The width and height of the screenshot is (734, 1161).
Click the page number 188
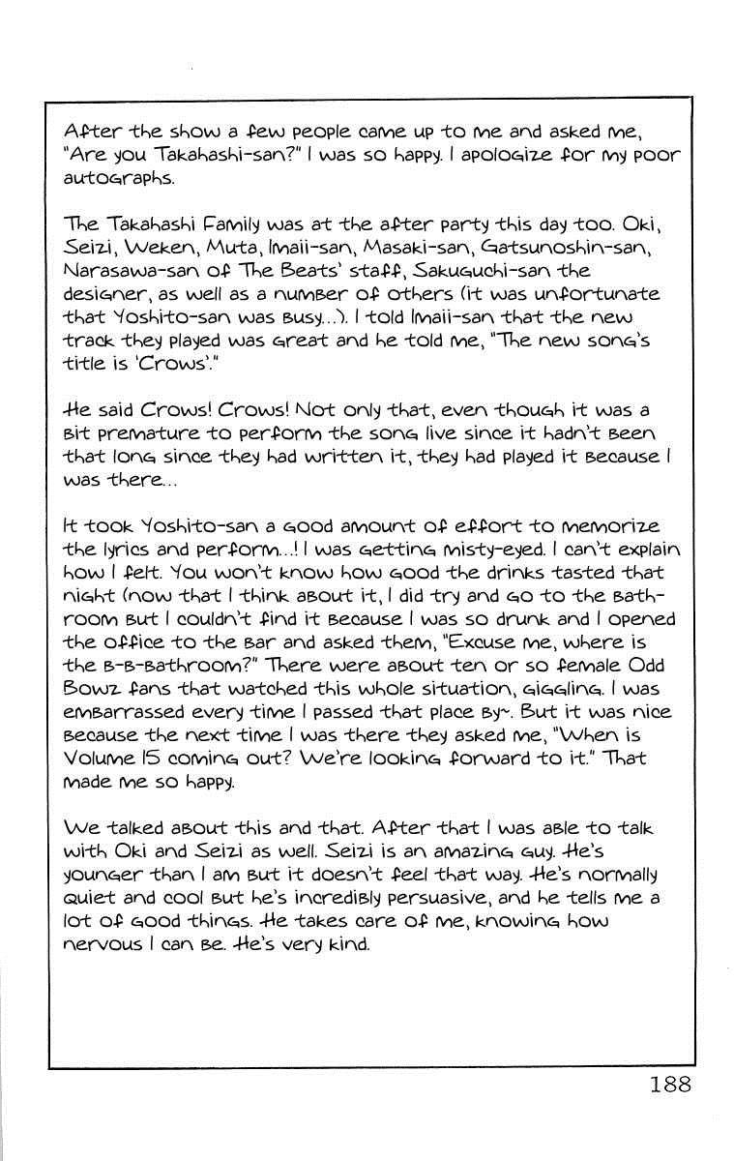point(670,1084)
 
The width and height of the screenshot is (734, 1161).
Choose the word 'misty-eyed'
point(483,550)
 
